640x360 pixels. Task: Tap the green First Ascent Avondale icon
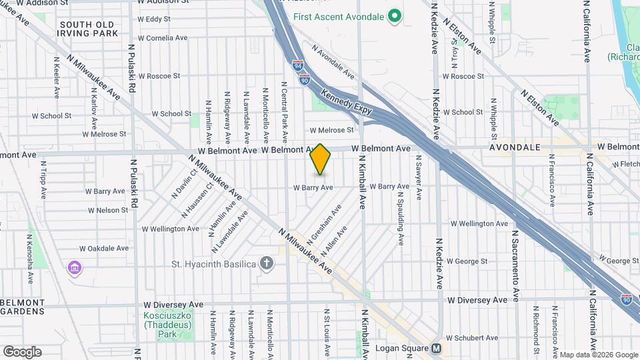click(x=394, y=15)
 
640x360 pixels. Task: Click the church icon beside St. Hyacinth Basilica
click(x=267, y=264)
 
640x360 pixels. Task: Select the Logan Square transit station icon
click(x=437, y=348)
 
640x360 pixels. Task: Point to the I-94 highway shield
click(x=297, y=65)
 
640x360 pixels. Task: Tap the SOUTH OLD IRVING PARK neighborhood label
click(x=88, y=29)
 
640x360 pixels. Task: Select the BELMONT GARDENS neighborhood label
click(x=23, y=307)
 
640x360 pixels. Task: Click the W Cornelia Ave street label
click(x=162, y=38)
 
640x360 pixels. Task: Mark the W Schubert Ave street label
click(x=473, y=337)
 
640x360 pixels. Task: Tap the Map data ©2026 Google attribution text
click(x=598, y=355)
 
